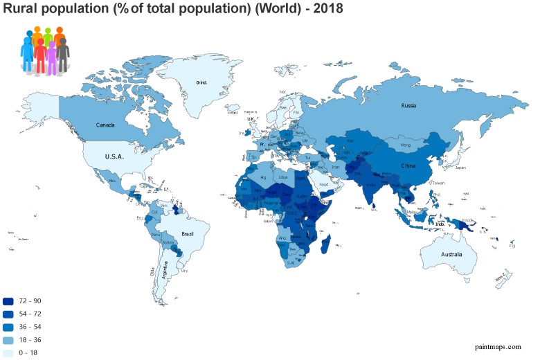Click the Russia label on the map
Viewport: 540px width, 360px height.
pyautogui.click(x=408, y=106)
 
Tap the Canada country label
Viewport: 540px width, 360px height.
pyautogui.click(x=105, y=125)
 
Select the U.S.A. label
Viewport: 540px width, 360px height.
pyautogui.click(x=114, y=156)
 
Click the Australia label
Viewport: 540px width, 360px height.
pyautogui.click(x=451, y=255)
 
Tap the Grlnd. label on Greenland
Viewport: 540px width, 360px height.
pyautogui.click(x=202, y=82)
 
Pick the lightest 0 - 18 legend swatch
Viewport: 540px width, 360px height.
pyautogui.click(x=8, y=354)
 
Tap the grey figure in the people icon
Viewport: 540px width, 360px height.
pyautogui.click(x=63, y=54)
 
